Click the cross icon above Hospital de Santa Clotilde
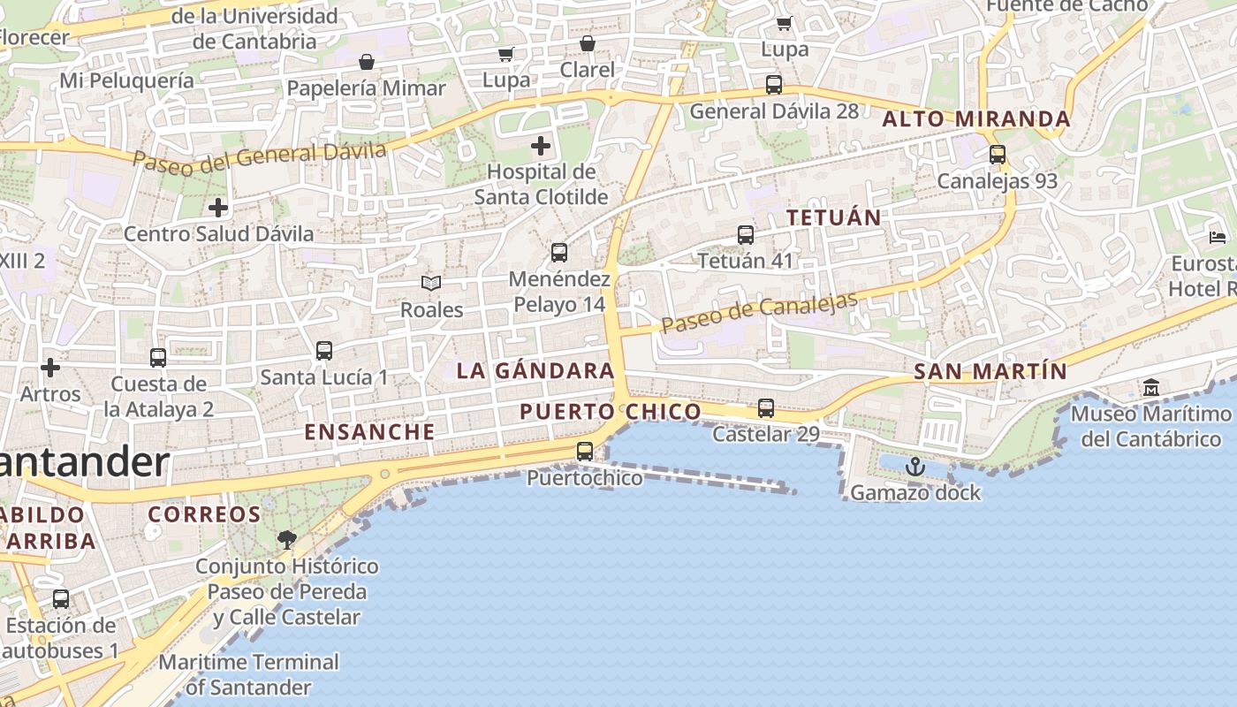tap(541, 146)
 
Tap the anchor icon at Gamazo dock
tap(914, 467)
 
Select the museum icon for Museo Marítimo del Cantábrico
tap(1151, 387)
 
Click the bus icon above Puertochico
tap(585, 452)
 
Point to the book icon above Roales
tap(431, 283)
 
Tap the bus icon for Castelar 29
tap(766, 408)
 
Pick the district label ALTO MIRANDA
tap(976, 119)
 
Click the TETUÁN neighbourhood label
tap(833, 217)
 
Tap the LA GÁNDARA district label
tap(535, 371)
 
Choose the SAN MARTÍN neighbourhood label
tap(990, 372)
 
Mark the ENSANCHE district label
tap(369, 432)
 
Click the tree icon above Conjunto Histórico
tap(286, 538)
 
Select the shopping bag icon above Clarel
tap(588, 43)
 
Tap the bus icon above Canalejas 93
tap(998, 155)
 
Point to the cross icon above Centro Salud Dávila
tap(218, 208)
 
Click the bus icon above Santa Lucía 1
tap(324, 351)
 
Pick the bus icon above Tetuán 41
tap(746, 235)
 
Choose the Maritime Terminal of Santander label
tap(248, 674)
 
